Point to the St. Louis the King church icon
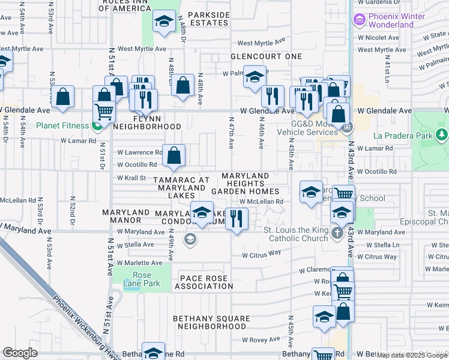tap(338, 233)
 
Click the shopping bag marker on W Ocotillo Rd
tap(173, 157)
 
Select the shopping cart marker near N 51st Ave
tap(104, 112)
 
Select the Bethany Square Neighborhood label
tap(209, 322)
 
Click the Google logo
tap(20, 353)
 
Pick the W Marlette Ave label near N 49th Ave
tap(139, 263)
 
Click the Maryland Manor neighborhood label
tap(125, 217)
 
